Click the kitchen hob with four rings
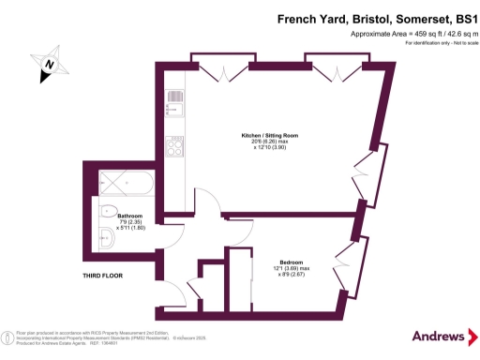point(173,144)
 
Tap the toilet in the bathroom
point(104,210)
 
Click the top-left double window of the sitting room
point(220,66)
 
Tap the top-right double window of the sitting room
point(335,66)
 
